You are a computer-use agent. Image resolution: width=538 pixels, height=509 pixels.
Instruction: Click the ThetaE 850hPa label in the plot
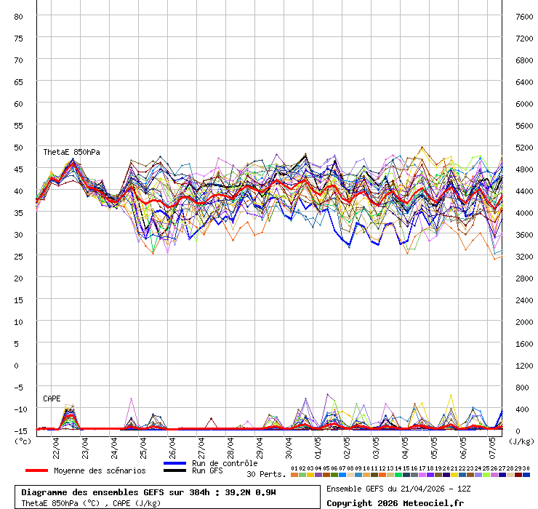(x=71, y=152)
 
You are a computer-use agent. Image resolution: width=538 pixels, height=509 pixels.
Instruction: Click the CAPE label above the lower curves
(x=52, y=398)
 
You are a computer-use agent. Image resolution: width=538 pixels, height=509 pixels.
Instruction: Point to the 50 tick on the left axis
(x=20, y=147)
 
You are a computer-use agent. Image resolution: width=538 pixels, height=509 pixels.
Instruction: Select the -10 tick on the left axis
(x=20, y=409)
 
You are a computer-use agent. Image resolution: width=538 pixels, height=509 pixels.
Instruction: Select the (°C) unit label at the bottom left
(x=23, y=441)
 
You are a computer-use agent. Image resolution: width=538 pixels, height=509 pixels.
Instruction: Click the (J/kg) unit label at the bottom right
(x=521, y=441)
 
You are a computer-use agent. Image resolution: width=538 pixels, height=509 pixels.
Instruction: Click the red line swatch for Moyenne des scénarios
(x=36, y=470)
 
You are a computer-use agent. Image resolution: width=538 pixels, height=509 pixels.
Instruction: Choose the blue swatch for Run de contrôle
(x=174, y=463)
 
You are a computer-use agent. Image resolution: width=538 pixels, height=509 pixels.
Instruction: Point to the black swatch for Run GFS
(x=174, y=470)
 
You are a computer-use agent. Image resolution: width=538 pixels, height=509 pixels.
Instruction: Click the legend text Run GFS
(x=207, y=470)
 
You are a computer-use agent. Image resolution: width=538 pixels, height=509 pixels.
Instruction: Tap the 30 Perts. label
(x=266, y=474)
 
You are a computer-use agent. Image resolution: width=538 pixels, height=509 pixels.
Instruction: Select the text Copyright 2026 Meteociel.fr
(x=395, y=502)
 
